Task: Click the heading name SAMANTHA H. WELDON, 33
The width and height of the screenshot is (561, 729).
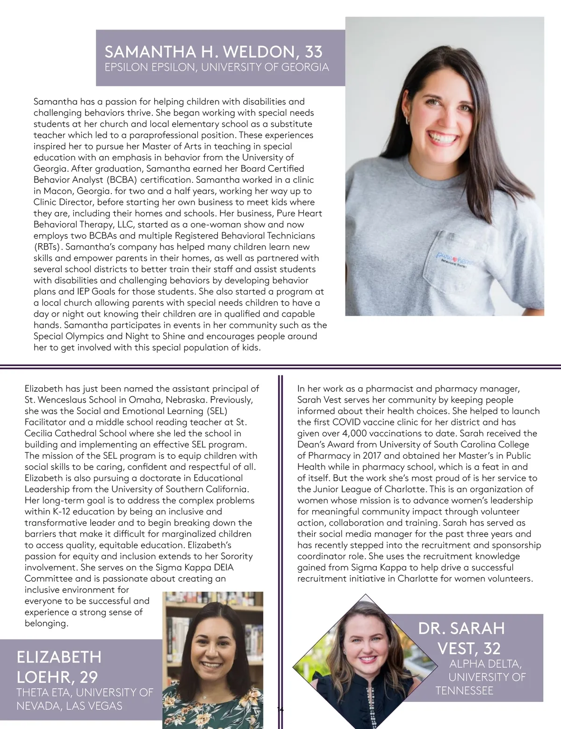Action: point(214,51)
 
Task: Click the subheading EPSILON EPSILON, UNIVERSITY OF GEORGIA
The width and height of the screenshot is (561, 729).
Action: point(216,67)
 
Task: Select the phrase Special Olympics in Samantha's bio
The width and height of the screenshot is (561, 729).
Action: point(62,336)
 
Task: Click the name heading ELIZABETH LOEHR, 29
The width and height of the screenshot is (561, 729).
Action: point(59,666)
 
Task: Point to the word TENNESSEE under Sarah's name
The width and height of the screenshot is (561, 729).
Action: point(464,691)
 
